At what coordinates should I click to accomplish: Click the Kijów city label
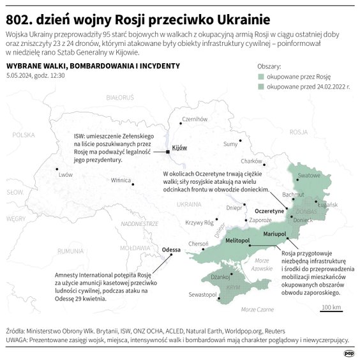(179, 147)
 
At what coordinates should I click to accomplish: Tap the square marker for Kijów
(168, 152)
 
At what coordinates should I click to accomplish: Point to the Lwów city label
(65, 174)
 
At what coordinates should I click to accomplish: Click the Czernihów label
(195, 119)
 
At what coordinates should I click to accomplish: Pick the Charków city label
(252, 161)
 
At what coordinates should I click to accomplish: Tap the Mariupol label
(275, 234)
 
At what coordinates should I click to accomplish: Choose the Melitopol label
(237, 239)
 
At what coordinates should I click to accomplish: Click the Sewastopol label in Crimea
(203, 294)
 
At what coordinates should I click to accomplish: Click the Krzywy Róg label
(199, 222)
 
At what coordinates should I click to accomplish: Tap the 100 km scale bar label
(331, 308)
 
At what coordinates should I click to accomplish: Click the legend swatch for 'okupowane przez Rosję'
(260, 76)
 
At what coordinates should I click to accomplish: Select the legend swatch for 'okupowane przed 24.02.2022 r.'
(260, 86)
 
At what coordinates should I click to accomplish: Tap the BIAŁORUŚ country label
(119, 98)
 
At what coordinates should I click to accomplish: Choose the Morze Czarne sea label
(253, 309)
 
